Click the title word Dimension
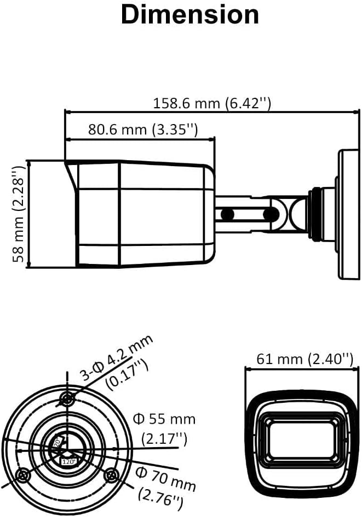click(x=189, y=15)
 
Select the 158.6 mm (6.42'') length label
click(x=212, y=103)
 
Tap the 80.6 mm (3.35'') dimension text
click(x=143, y=130)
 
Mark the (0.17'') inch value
click(x=127, y=377)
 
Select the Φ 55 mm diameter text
click(x=164, y=419)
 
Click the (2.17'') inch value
click(x=164, y=438)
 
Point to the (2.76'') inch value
click(x=160, y=498)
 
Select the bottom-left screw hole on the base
click(x=22, y=475)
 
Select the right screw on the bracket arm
click(x=268, y=214)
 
